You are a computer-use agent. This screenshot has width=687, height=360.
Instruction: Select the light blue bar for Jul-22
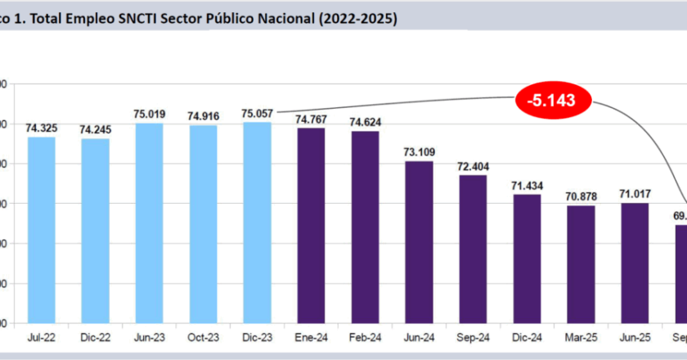(41, 229)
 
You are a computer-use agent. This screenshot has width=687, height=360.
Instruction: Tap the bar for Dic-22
(95, 230)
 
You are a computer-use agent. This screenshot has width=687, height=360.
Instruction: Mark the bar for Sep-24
(473, 249)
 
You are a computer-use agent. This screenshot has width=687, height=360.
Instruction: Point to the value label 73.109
(419, 152)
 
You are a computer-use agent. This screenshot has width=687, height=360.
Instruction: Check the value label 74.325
(41, 128)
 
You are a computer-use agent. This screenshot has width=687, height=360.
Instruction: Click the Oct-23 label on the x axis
(203, 335)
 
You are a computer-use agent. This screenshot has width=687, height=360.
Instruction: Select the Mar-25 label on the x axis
(581, 335)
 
